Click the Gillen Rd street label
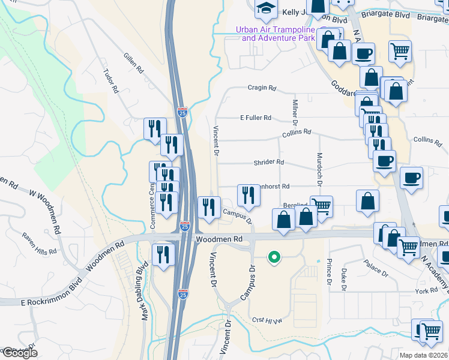[x=134, y=62]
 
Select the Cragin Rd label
[x=262, y=88]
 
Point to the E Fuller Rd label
[x=256, y=118]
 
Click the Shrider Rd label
[x=268, y=162]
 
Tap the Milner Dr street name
[x=295, y=113]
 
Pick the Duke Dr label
[x=344, y=280]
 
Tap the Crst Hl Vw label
[x=267, y=320]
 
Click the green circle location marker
[x=274, y=257]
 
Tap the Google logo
[x=20, y=353]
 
